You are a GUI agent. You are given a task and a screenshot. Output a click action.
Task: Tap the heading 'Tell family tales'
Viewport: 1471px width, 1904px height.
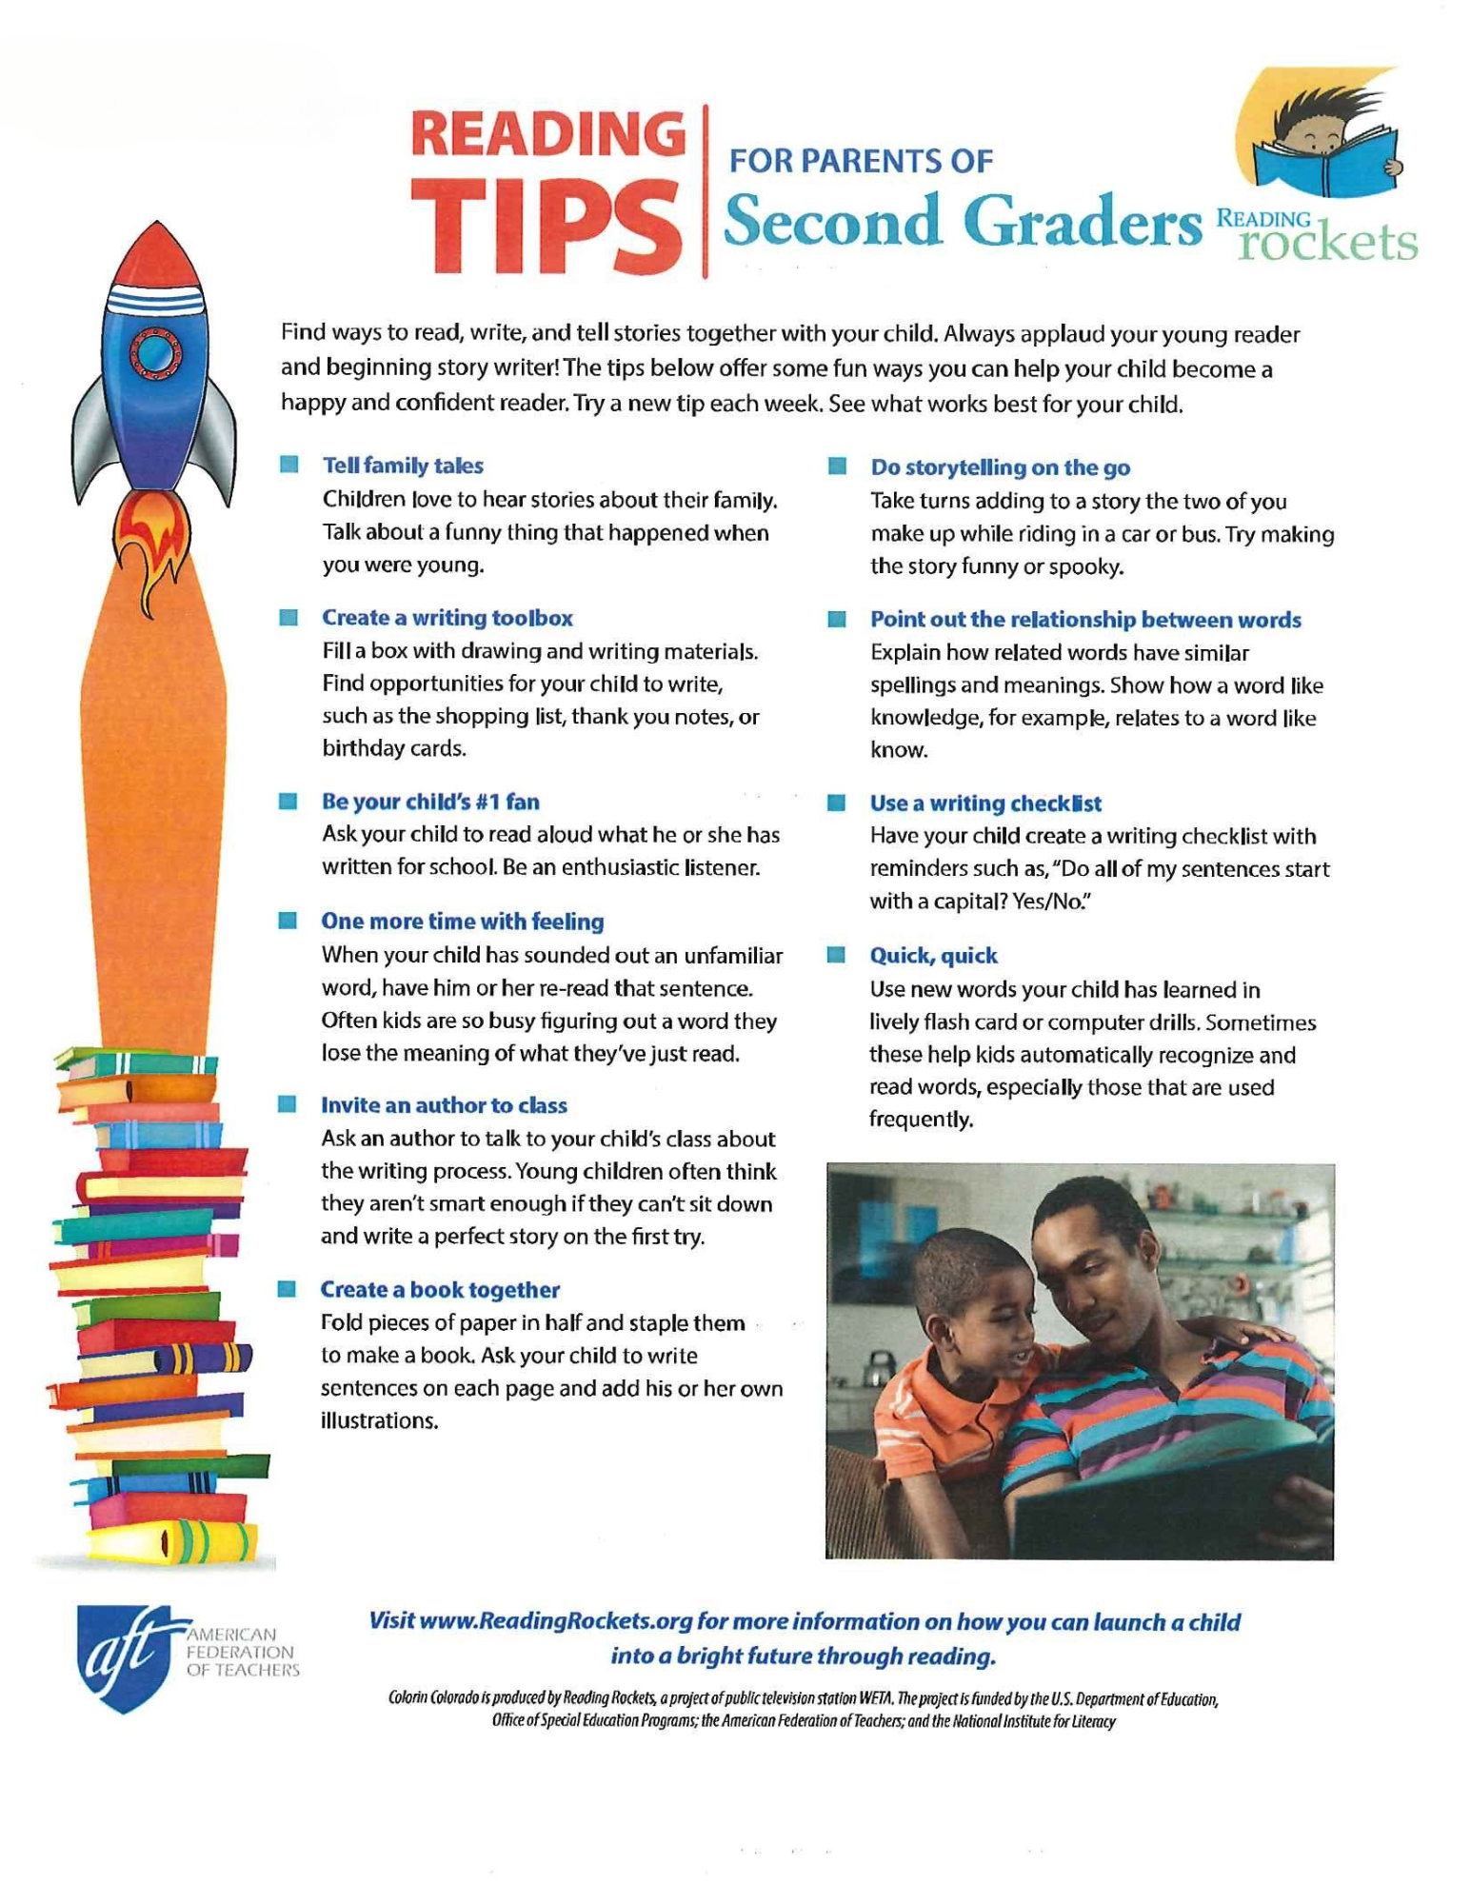tap(403, 466)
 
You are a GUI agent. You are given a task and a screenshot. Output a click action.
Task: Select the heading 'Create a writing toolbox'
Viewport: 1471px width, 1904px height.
tap(447, 618)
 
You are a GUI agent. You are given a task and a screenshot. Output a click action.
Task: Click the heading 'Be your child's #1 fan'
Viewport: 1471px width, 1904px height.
tap(430, 802)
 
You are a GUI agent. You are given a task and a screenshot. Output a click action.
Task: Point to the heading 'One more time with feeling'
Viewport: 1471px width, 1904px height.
tap(463, 922)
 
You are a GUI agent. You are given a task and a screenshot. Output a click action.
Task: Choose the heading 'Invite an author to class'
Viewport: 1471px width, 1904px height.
tap(444, 1105)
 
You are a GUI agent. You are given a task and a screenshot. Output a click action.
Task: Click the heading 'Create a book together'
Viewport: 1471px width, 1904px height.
tap(440, 1290)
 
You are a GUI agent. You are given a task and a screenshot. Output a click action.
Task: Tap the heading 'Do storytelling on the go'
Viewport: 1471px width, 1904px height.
tap(1001, 467)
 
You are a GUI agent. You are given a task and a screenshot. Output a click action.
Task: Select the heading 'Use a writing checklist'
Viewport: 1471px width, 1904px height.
tap(985, 803)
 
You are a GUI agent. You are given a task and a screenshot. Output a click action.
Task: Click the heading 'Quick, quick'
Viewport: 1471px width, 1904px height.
tap(933, 956)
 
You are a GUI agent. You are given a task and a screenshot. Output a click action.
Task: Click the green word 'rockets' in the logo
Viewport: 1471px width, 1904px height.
tap(1327, 243)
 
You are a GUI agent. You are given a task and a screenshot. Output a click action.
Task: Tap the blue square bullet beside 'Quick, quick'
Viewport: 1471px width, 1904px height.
tap(836, 955)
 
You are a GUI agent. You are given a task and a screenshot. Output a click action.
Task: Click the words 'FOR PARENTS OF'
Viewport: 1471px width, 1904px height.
tap(861, 161)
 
